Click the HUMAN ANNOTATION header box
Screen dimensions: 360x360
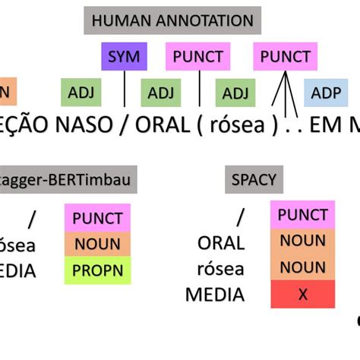point(172,21)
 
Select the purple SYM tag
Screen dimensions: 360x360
point(124,56)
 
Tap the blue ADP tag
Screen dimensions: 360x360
point(326,93)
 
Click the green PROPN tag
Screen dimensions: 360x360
point(97,270)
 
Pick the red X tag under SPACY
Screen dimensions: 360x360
point(302,294)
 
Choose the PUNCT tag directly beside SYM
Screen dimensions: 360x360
point(198,56)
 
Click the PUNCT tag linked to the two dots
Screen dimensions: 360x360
point(286,56)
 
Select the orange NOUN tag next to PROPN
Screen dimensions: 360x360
point(97,244)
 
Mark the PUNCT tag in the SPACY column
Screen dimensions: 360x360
point(302,216)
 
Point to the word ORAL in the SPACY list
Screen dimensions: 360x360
point(221,243)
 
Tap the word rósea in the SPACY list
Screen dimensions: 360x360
point(221,268)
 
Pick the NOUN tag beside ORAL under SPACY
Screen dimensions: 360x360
point(302,242)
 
